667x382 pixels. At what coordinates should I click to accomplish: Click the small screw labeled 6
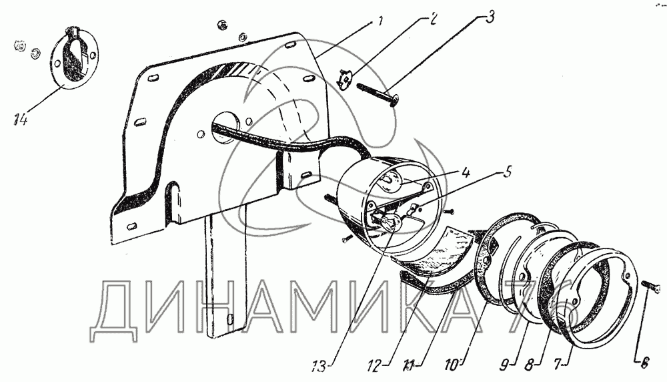click(651, 288)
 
